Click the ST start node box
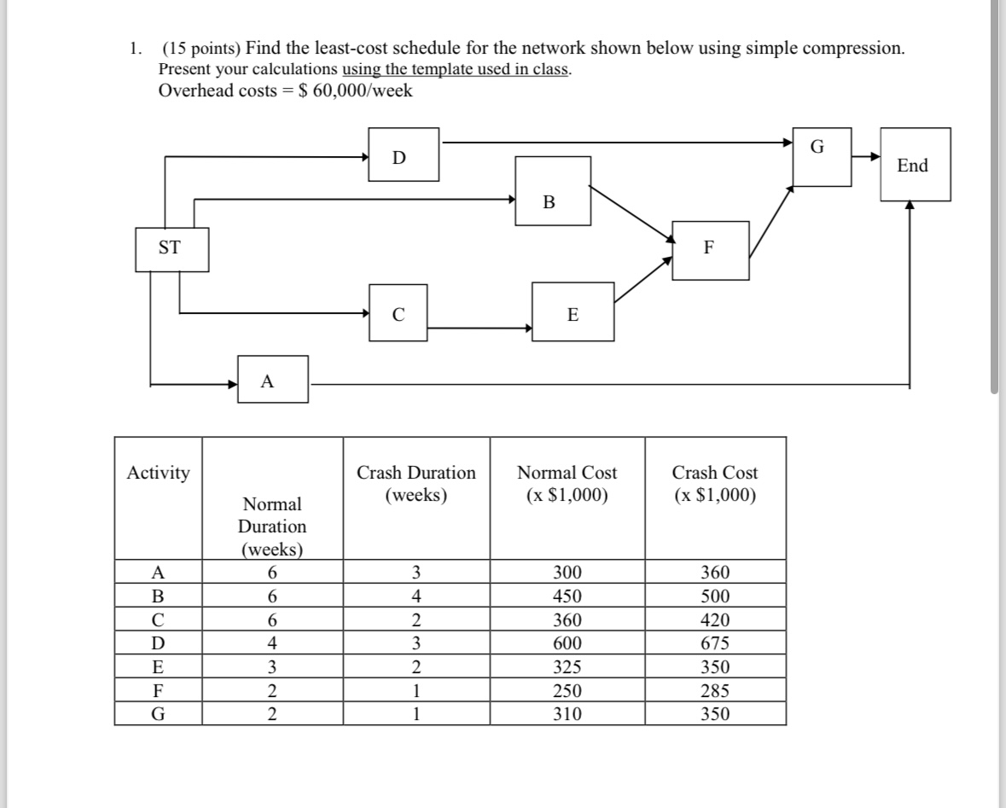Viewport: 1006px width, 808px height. (171, 248)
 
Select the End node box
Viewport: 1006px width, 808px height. (915, 166)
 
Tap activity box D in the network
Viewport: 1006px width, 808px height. (404, 154)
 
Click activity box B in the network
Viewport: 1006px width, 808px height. (553, 191)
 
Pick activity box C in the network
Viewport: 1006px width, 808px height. (398, 313)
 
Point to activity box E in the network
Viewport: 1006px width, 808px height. (573, 312)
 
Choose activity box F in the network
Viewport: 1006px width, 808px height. (710, 250)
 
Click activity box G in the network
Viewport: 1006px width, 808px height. (822, 156)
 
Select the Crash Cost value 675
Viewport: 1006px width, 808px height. (714, 643)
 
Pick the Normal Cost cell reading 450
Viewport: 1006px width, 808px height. (567, 596)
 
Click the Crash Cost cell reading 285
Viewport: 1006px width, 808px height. (714, 689)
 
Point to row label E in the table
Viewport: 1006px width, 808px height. (158, 666)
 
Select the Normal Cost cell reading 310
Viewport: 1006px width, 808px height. (567, 713)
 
